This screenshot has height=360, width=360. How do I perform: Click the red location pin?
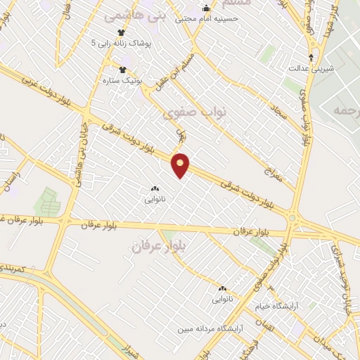click(181, 165)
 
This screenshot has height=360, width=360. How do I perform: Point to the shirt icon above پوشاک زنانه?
click(121, 32)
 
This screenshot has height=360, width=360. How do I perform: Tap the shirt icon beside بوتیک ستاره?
click(124, 70)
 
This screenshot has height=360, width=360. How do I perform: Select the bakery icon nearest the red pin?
click(154, 188)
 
